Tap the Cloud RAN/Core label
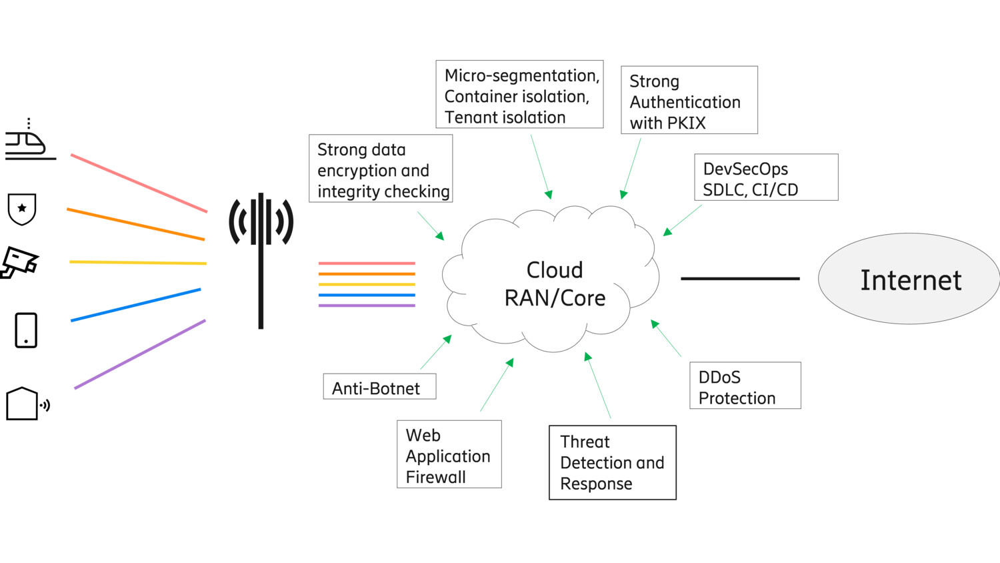pyautogui.click(x=555, y=284)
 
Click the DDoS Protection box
pyautogui.click(x=745, y=386)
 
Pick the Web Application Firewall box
pyautogui.click(x=449, y=454)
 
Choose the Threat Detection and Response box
pyautogui.click(x=612, y=462)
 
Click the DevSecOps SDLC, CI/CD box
pyautogui.click(x=765, y=177)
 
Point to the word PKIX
pyautogui.click(x=687, y=123)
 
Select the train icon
pyautogui.click(x=27, y=142)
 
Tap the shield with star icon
pyautogui.click(x=22, y=209)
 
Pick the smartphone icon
pyautogui.click(x=26, y=330)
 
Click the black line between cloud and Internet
pyautogui.click(x=739, y=278)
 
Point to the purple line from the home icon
pyautogui.click(x=140, y=354)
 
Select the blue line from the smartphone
pyautogui.click(x=135, y=305)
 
